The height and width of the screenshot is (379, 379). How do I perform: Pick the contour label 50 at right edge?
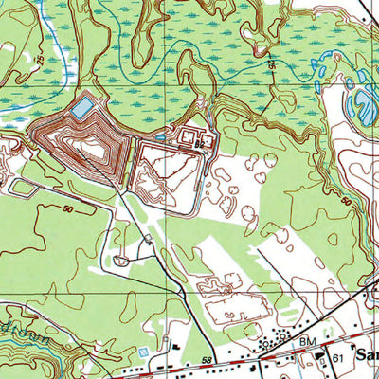coord(347,202)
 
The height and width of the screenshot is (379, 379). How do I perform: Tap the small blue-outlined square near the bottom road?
coord(142,352)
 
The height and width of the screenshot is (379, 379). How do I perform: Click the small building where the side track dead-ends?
coord(119,259)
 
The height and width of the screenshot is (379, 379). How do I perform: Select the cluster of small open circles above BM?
coord(280,336)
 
